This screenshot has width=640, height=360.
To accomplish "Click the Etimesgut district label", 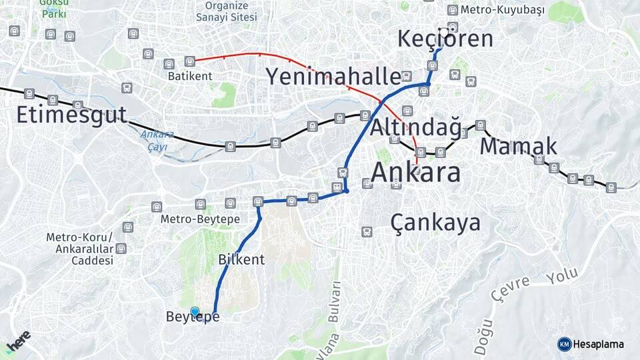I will click(71, 115).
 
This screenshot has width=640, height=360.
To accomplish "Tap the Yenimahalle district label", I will click(333, 76).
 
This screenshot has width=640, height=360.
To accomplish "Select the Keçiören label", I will click(445, 39).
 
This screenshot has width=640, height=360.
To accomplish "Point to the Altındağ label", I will click(415, 127).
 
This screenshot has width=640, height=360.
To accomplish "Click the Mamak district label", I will click(518, 145).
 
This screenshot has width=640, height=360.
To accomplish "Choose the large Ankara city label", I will click(415, 172).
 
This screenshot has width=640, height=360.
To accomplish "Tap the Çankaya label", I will click(435, 222).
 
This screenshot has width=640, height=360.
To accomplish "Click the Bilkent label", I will click(241, 259).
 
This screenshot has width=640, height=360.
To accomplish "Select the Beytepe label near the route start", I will click(193, 317).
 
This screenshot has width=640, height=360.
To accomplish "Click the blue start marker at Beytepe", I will click(195, 311).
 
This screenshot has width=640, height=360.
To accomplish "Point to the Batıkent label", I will click(190, 76).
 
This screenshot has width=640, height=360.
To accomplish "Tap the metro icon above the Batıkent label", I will click(190, 61).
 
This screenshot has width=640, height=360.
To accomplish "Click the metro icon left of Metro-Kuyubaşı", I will click(453, 10).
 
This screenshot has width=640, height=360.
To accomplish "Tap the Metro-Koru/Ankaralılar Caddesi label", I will click(80, 249).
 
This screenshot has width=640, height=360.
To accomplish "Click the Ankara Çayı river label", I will click(157, 140).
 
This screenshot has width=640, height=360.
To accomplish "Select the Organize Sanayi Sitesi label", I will click(227, 11).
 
